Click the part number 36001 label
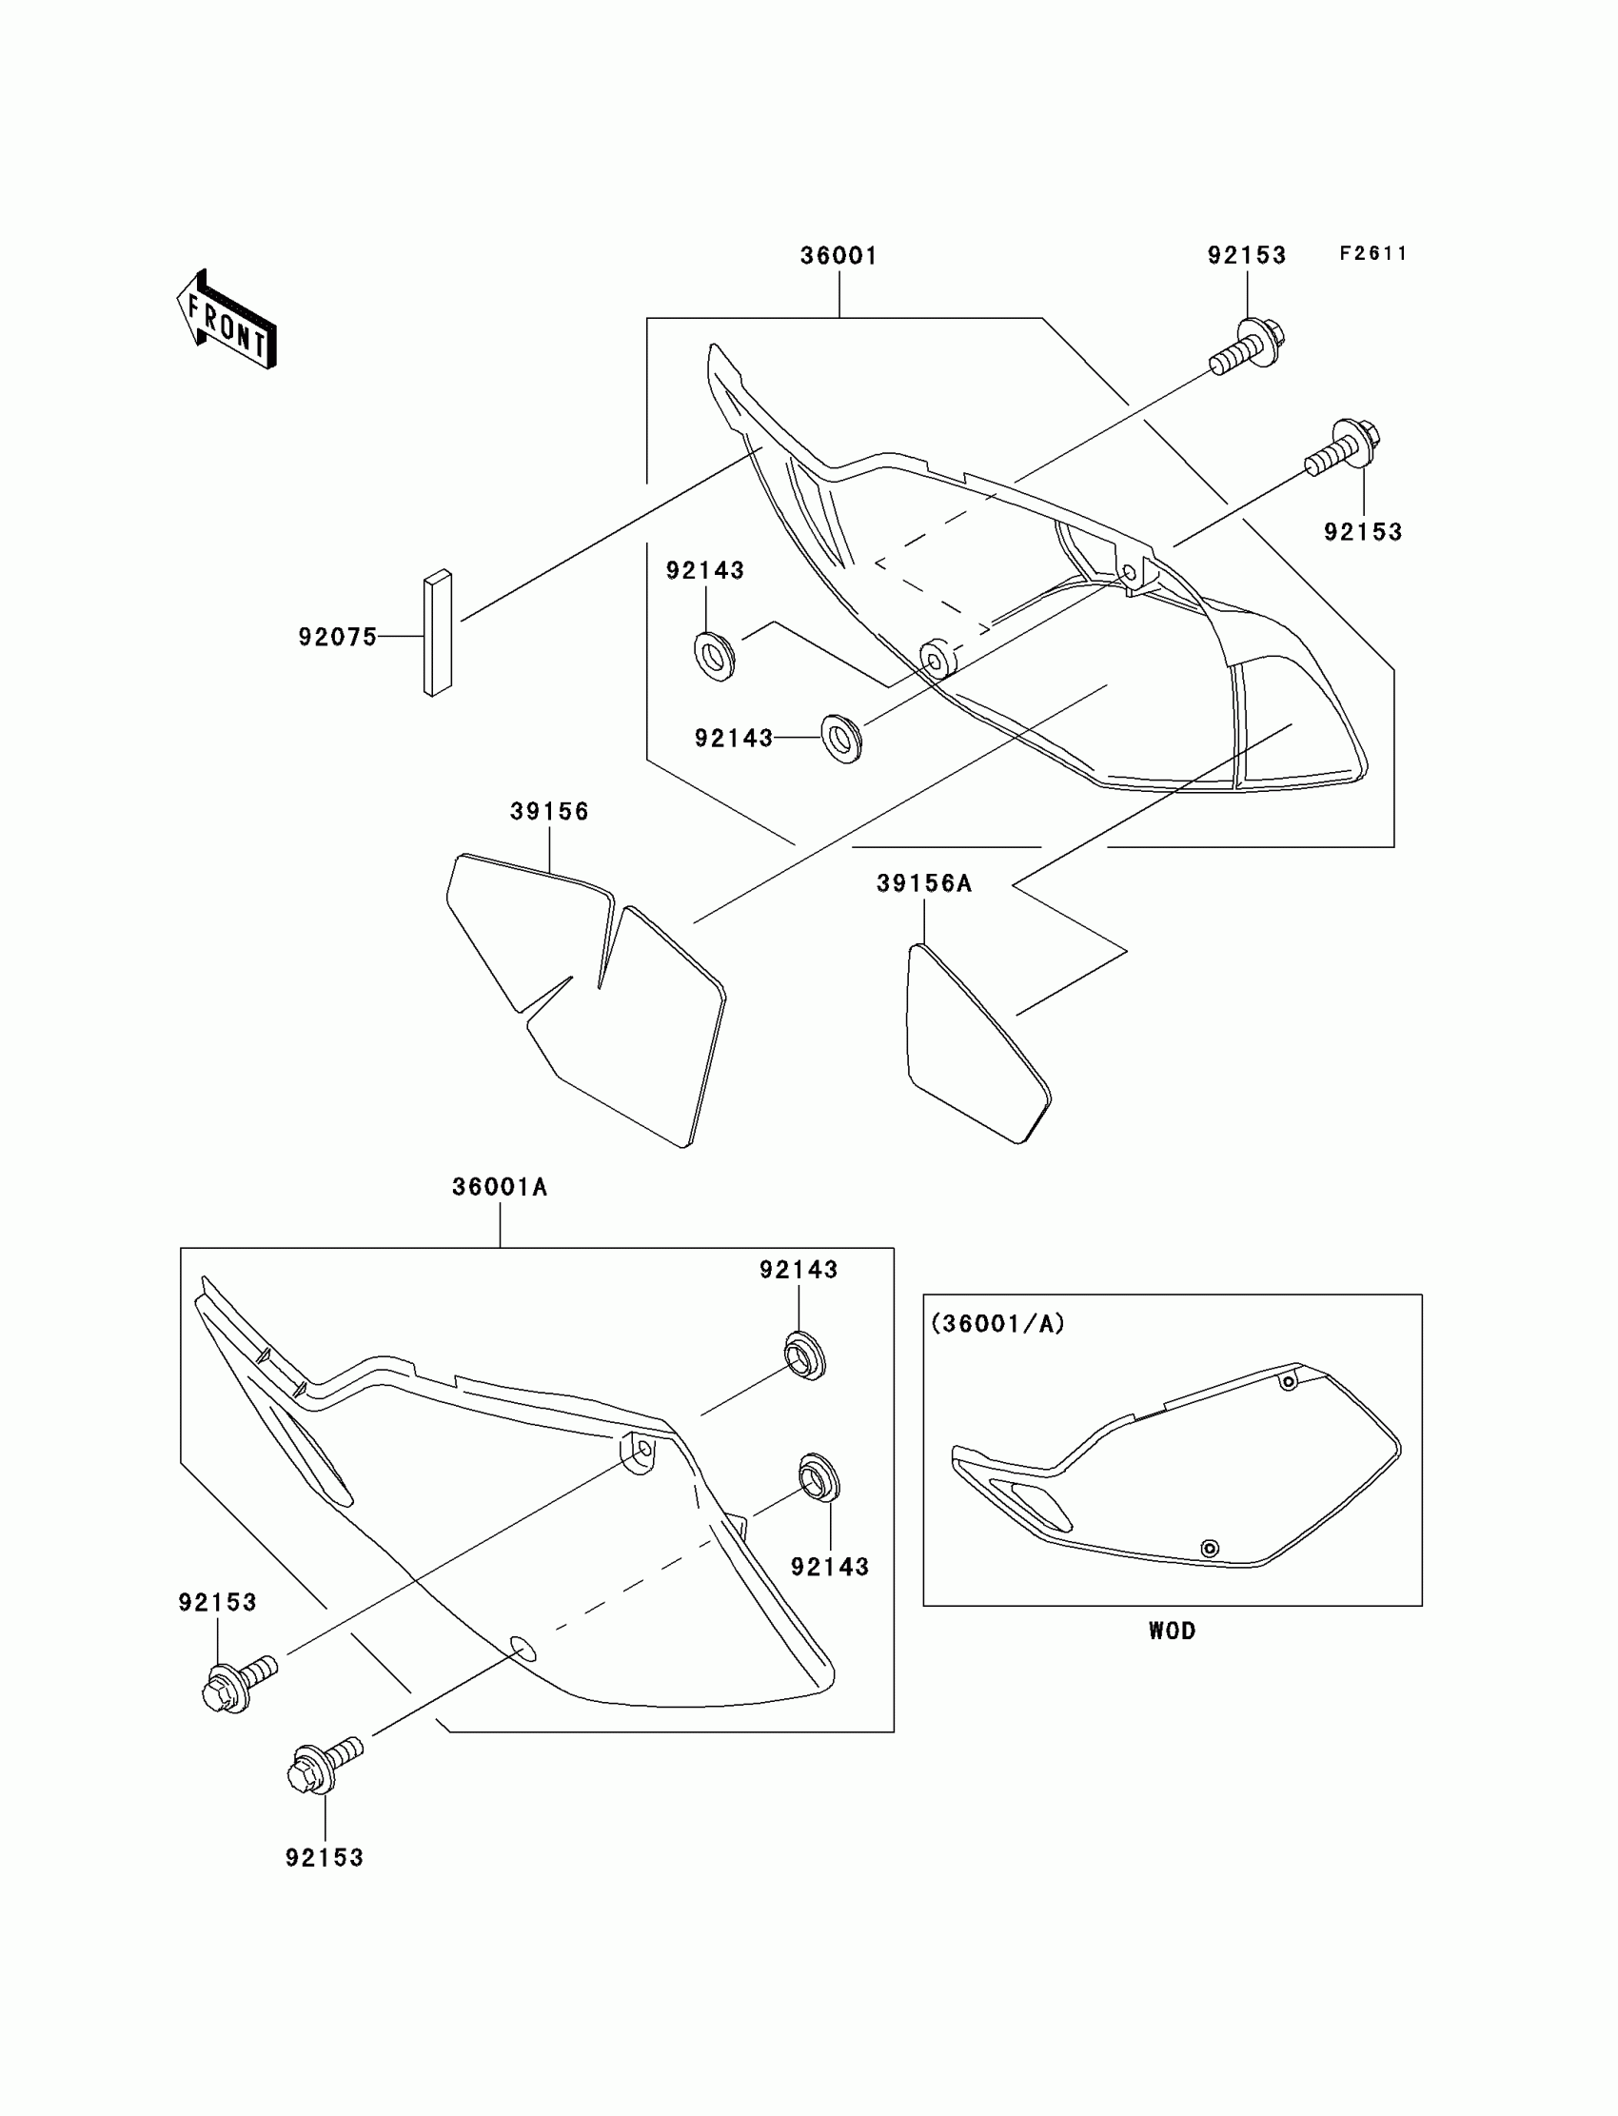click(839, 256)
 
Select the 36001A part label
click(500, 1188)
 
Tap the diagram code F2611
click(1373, 253)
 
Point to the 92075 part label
click(337, 637)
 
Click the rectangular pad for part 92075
click(437, 633)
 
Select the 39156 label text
click(549, 812)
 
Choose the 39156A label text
click(923, 883)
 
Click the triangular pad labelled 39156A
click(973, 1044)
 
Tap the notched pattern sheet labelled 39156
click(587, 1001)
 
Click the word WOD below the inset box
click(1172, 1631)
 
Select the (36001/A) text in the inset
click(997, 1324)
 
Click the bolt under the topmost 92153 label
click(1249, 347)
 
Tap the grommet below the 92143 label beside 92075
click(715, 657)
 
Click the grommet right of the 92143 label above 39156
click(841, 739)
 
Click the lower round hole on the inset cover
click(1210, 1549)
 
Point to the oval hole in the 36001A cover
click(523, 1649)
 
